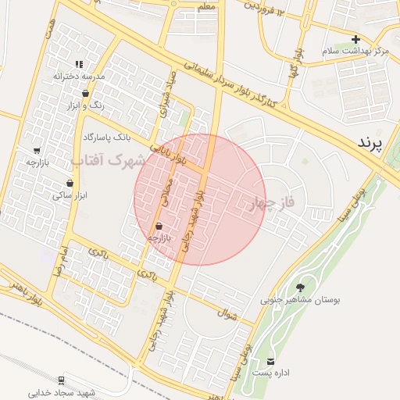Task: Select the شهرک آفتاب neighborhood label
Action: [109, 162]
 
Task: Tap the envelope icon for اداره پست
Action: [270, 361]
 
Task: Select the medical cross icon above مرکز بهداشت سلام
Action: [355, 39]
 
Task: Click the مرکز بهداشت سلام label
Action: [355, 51]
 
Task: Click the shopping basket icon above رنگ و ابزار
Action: [84, 93]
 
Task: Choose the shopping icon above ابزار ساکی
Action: [70, 184]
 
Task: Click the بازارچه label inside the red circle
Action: [159, 236]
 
